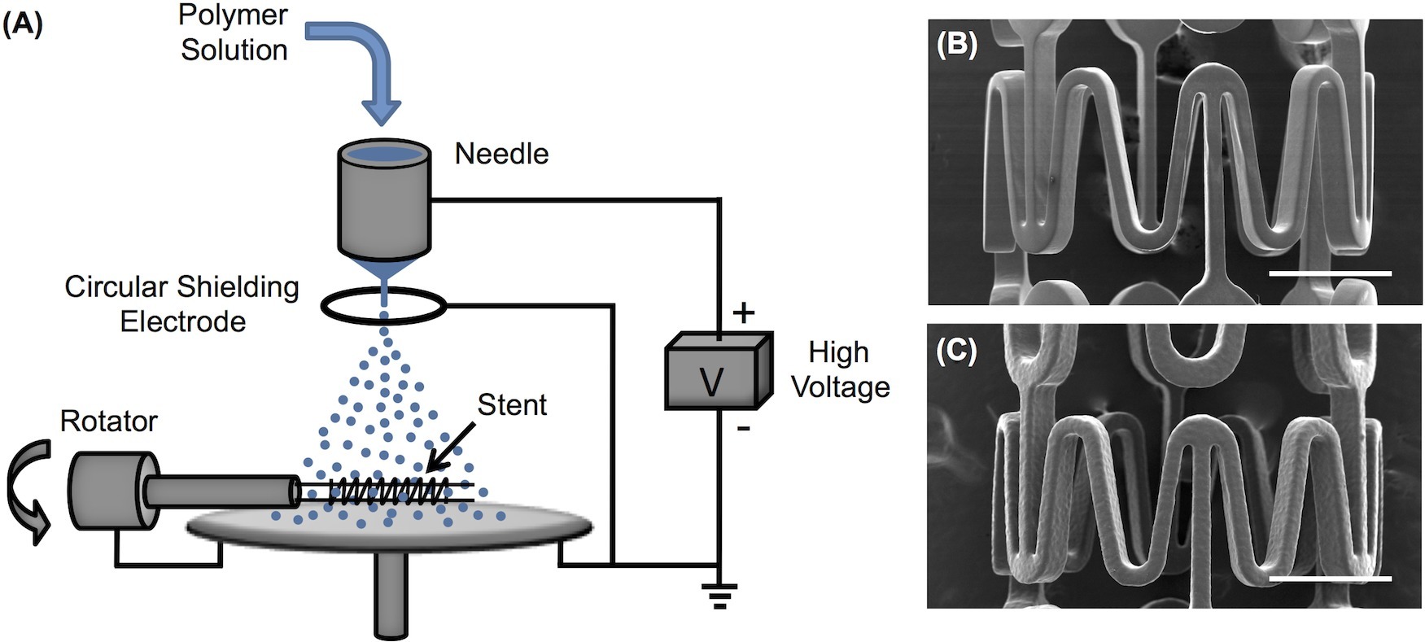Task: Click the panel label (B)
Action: tap(956, 44)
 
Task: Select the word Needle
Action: tap(501, 154)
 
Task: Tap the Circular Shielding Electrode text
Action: tap(181, 304)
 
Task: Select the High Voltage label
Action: tap(840, 369)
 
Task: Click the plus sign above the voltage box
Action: tap(744, 312)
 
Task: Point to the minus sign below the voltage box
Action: tap(742, 426)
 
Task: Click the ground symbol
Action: tap(719, 596)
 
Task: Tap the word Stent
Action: tap(511, 404)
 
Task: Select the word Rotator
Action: tap(108, 421)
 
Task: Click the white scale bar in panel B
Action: tap(1330, 273)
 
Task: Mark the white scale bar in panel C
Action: tap(1330, 579)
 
